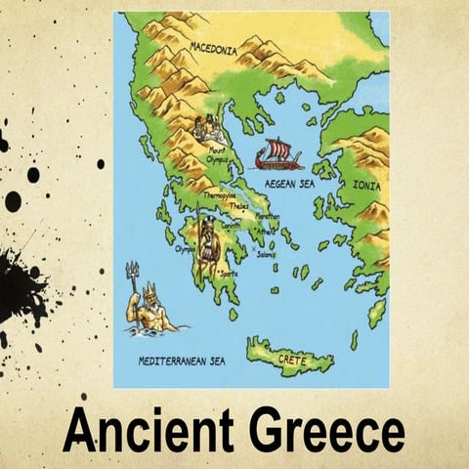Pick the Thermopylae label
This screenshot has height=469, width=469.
220,195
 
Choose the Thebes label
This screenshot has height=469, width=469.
238,206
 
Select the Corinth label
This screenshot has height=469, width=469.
231,225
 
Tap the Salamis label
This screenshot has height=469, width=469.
265,254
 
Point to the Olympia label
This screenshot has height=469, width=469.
186,248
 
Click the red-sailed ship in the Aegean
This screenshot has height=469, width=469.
278,154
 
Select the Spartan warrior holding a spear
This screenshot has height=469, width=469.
207,243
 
